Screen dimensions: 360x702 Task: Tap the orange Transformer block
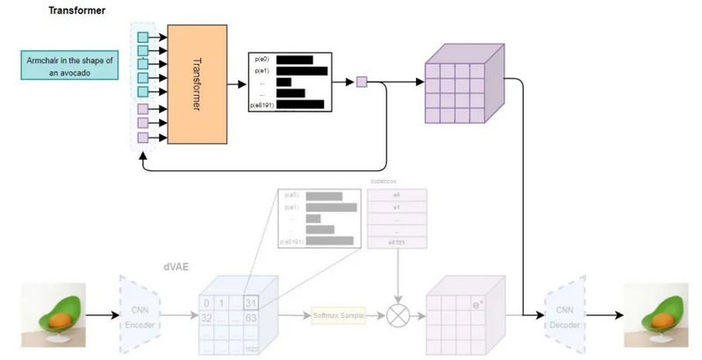196,85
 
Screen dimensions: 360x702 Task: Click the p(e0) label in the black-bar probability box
261,60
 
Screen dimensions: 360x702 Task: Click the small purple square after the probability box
361,83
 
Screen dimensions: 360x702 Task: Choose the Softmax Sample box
339,313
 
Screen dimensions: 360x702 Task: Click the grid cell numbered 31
249,302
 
